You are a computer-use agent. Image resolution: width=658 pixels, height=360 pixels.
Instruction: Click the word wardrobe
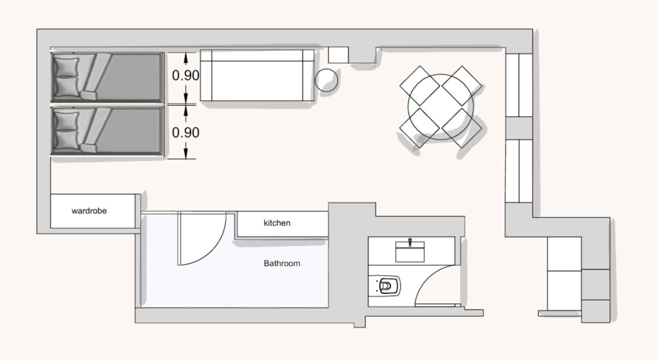(x=89, y=211)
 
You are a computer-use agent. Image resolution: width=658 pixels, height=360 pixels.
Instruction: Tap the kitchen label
(x=277, y=223)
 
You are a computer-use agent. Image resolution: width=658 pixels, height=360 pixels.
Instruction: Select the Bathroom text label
(x=282, y=263)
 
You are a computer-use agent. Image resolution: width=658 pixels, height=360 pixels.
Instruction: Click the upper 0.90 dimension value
(x=185, y=75)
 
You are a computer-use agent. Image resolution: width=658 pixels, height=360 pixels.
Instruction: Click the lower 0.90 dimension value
(x=185, y=132)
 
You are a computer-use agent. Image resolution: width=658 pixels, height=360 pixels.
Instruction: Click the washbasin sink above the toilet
(x=410, y=251)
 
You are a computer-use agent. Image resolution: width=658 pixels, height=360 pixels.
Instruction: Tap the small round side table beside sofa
(x=326, y=80)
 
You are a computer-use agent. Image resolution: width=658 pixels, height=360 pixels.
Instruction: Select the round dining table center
(x=441, y=107)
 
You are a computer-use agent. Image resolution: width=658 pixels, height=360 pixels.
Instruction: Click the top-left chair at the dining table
(x=419, y=85)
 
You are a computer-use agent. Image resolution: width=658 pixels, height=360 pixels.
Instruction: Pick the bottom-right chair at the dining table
(x=462, y=128)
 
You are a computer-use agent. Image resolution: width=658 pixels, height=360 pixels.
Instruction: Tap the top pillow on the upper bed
(x=66, y=67)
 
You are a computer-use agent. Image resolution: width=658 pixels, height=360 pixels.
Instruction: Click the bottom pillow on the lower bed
(x=66, y=141)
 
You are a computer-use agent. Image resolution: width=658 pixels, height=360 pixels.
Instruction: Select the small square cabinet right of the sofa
(x=338, y=55)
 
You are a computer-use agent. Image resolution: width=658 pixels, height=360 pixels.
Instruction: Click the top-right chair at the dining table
(x=462, y=85)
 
